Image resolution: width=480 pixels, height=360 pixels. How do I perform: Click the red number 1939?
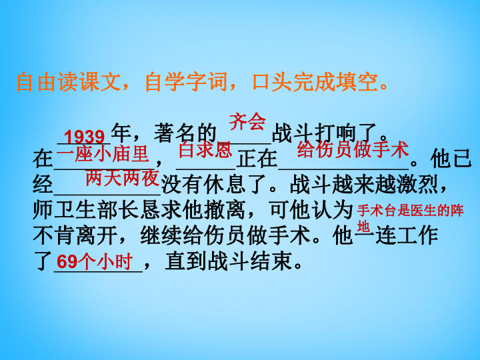click(85, 137)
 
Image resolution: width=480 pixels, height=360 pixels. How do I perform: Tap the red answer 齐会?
click(247, 121)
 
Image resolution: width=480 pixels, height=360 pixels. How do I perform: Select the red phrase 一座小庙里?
click(103, 154)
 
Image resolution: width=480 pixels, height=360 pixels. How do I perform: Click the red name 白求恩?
click(205, 150)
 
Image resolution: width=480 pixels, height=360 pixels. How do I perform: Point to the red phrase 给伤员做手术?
click(353, 150)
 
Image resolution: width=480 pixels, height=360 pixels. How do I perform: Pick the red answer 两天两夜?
click(123, 178)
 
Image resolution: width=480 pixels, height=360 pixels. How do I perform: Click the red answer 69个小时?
click(95, 261)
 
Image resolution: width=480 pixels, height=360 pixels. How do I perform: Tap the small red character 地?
click(363, 227)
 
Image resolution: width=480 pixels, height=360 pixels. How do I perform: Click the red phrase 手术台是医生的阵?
click(410, 211)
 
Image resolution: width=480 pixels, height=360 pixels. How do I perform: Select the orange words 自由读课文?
click(68, 82)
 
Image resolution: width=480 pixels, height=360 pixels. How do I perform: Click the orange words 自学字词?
click(186, 82)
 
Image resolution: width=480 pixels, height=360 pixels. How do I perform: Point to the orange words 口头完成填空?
click(315, 82)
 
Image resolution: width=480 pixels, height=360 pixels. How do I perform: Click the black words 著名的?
click(185, 133)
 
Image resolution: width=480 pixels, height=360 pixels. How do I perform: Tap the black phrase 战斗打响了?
click(325, 133)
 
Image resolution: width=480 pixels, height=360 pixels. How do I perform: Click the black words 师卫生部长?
click(86, 210)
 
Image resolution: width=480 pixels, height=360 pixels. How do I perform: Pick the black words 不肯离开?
click(75, 236)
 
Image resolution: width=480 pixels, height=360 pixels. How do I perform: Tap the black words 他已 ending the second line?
click(451, 159)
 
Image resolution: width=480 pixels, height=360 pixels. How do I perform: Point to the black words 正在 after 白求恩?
click(257, 159)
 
